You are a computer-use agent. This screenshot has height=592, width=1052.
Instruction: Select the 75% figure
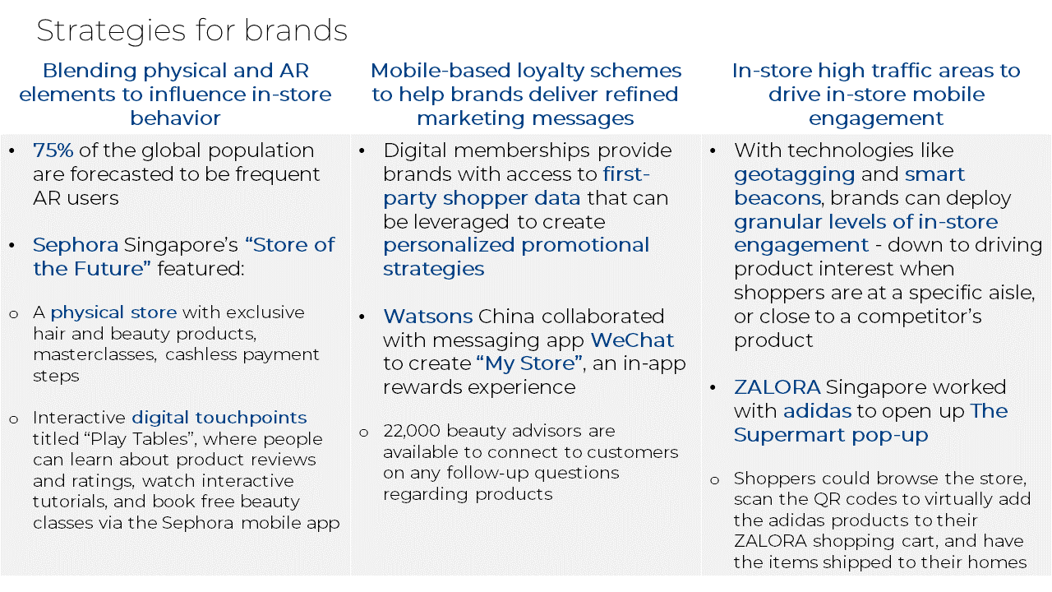pos(53,150)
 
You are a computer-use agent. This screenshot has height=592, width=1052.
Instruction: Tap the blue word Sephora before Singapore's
pos(76,245)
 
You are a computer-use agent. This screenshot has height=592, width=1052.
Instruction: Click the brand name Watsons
pos(427,317)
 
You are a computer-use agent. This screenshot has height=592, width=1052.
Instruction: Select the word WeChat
pos(632,340)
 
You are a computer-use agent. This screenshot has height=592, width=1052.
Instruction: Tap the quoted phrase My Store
pos(530,363)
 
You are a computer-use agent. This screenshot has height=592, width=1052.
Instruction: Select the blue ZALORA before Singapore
pos(777,387)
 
